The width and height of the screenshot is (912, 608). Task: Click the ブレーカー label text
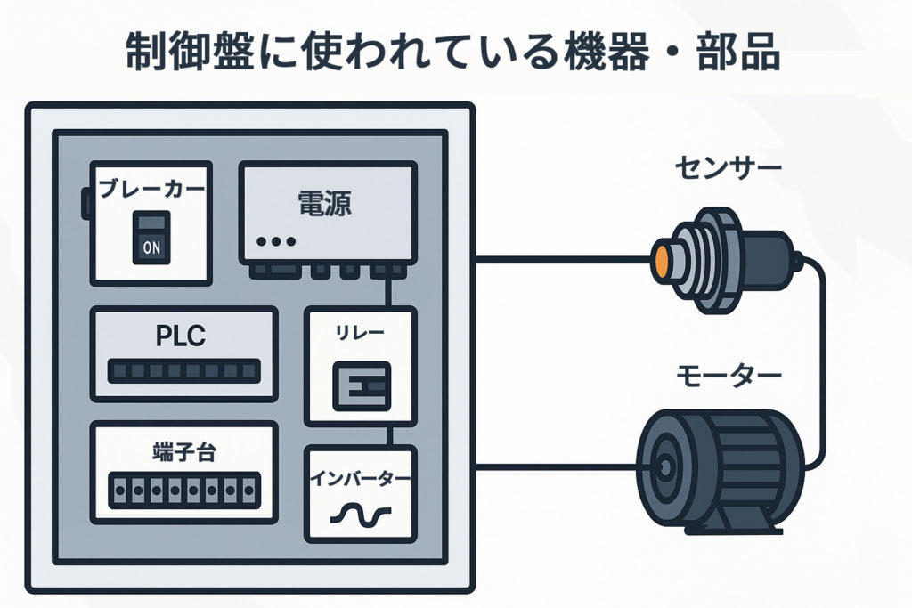tap(151, 190)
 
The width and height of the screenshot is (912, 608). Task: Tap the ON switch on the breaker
tap(151, 238)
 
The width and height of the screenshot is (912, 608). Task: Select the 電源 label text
tap(323, 204)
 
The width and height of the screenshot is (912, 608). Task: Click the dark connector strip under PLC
tap(183, 370)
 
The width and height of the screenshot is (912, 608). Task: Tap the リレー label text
tap(359, 333)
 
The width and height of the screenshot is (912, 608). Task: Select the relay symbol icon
tap(360, 385)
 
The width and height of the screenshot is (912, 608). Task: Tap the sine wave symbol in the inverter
tap(360, 515)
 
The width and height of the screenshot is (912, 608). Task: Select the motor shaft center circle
tap(664, 466)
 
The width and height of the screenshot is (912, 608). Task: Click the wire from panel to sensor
tap(561, 261)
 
